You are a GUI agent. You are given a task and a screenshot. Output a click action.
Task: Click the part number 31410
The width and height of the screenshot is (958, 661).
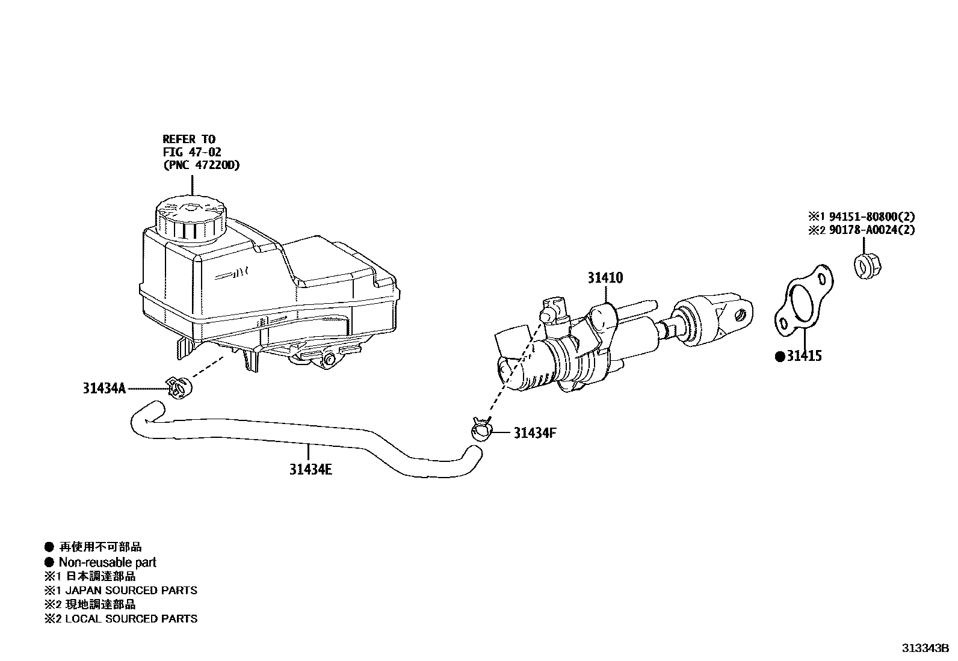(605, 278)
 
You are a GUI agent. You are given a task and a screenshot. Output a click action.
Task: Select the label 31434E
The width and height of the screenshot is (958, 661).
(311, 470)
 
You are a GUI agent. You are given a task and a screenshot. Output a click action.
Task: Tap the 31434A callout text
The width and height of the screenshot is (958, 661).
(104, 389)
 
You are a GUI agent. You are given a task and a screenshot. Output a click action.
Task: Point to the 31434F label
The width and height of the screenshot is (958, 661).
(535, 432)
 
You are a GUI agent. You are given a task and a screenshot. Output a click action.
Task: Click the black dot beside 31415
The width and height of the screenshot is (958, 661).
(780, 357)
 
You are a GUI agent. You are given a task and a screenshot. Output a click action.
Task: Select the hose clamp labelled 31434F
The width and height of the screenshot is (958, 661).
(481, 429)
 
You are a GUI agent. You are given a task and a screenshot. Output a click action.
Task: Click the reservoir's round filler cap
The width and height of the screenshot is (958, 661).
(190, 219)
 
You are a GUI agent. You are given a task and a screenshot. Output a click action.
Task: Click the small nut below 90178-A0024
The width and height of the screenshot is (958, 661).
(865, 266)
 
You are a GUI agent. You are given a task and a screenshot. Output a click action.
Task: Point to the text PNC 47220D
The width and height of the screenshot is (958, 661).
(201, 165)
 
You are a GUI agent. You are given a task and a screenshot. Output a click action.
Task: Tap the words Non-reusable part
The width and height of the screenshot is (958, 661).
(107, 562)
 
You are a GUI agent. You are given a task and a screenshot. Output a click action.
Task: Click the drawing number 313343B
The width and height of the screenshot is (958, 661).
(924, 648)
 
